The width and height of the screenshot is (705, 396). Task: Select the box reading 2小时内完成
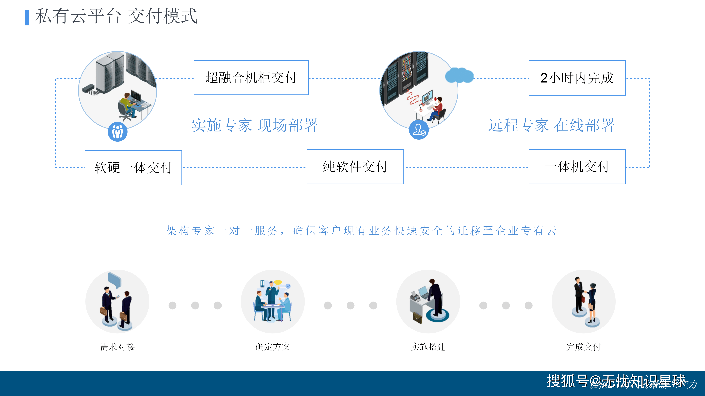click(x=577, y=78)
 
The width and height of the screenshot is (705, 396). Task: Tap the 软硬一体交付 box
click(x=133, y=167)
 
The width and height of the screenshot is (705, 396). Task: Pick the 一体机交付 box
click(x=577, y=166)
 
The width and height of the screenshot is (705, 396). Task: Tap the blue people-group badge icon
click(x=117, y=132)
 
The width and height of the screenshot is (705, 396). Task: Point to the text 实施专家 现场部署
click(x=254, y=125)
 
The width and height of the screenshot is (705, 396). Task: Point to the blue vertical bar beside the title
click(x=27, y=17)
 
